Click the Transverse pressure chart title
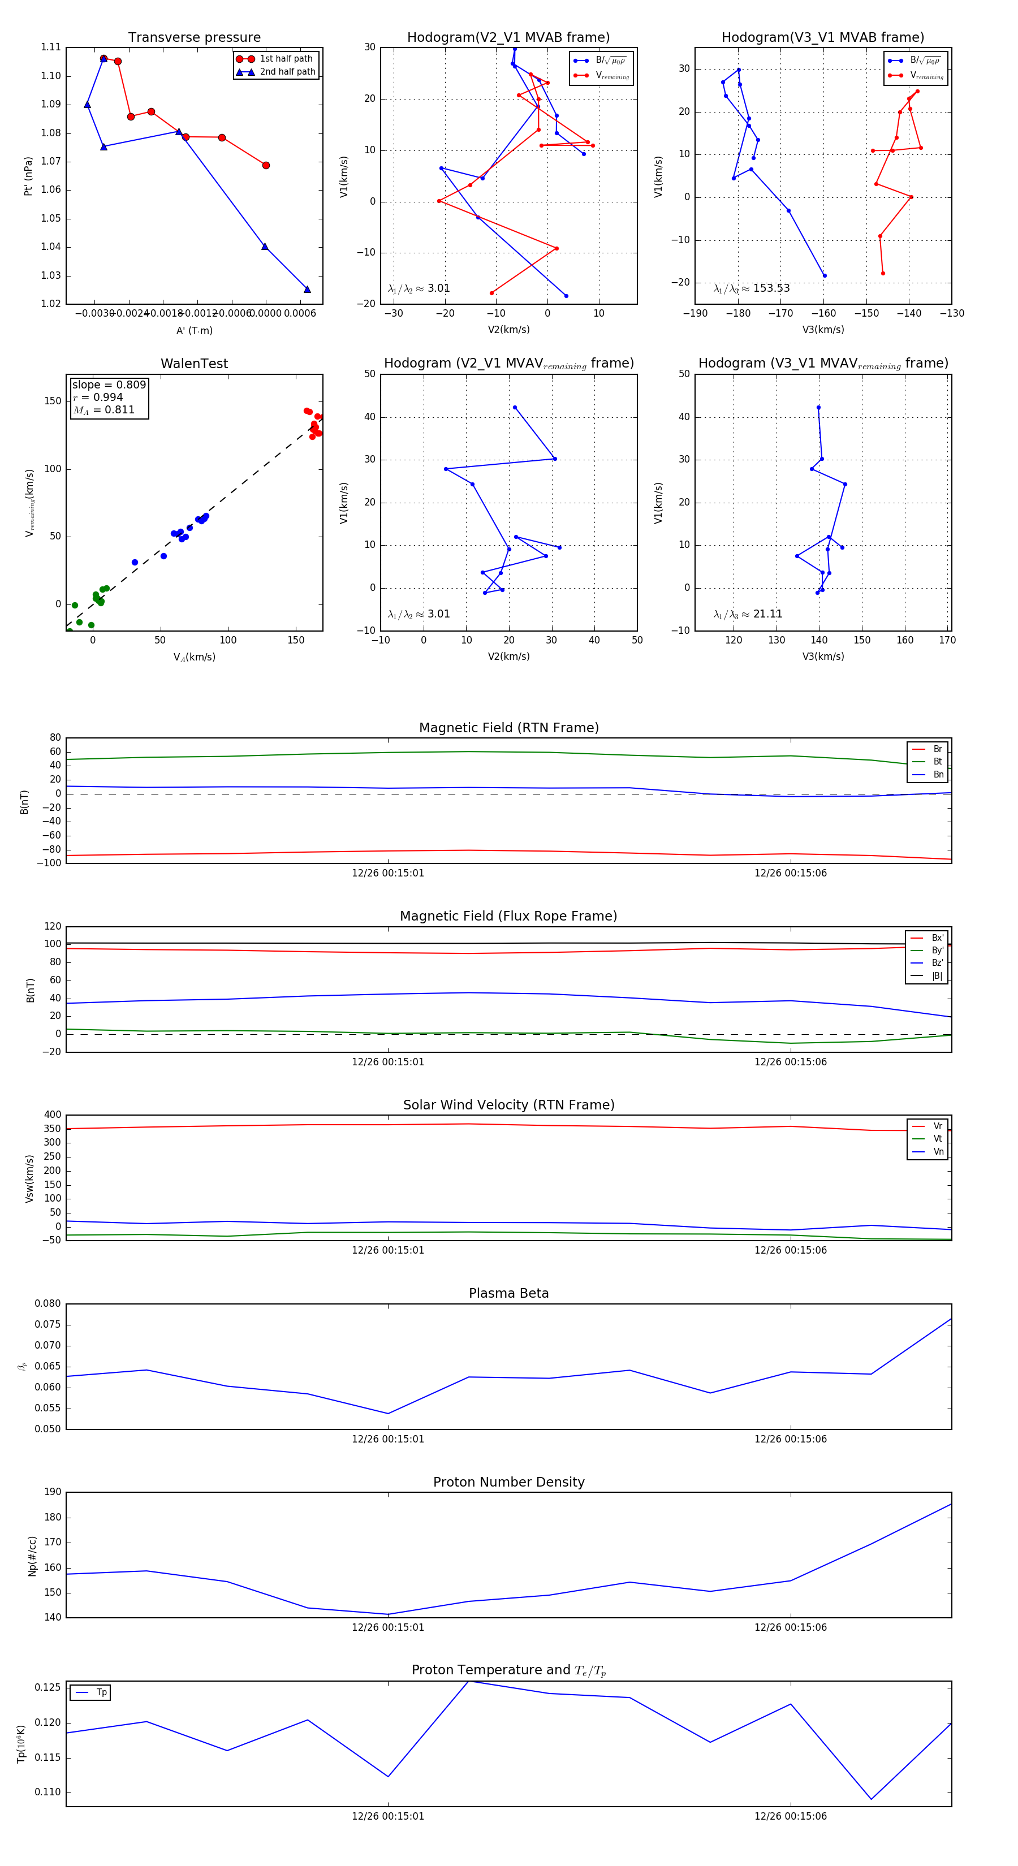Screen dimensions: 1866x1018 194,38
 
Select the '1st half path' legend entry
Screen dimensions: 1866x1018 286,59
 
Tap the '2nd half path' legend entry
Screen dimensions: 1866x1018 287,72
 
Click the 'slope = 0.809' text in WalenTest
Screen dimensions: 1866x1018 109,385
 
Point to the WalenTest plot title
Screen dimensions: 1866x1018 194,364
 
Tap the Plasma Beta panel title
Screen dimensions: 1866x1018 508,1293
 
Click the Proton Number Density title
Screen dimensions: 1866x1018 508,1482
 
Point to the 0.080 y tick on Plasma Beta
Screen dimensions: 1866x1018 48,1304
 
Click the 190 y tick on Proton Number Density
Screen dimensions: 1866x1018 52,1492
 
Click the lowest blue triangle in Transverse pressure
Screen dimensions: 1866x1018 307,290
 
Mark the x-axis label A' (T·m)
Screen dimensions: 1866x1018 194,331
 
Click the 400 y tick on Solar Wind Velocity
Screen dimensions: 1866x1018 52,1115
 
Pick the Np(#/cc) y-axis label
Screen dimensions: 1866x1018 32,1555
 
